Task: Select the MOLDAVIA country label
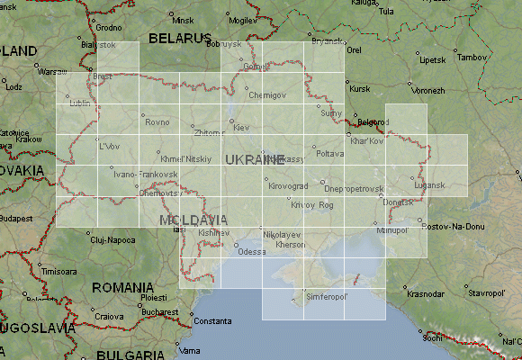[x=193, y=220]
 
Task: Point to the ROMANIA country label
[x=121, y=287]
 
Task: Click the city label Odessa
[x=252, y=252]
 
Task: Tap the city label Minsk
[x=183, y=20]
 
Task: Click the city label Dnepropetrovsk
[x=354, y=188]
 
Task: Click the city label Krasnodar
[x=426, y=294]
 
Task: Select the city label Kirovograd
[x=288, y=185]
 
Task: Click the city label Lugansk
[x=429, y=185]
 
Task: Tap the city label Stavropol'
[x=486, y=293]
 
